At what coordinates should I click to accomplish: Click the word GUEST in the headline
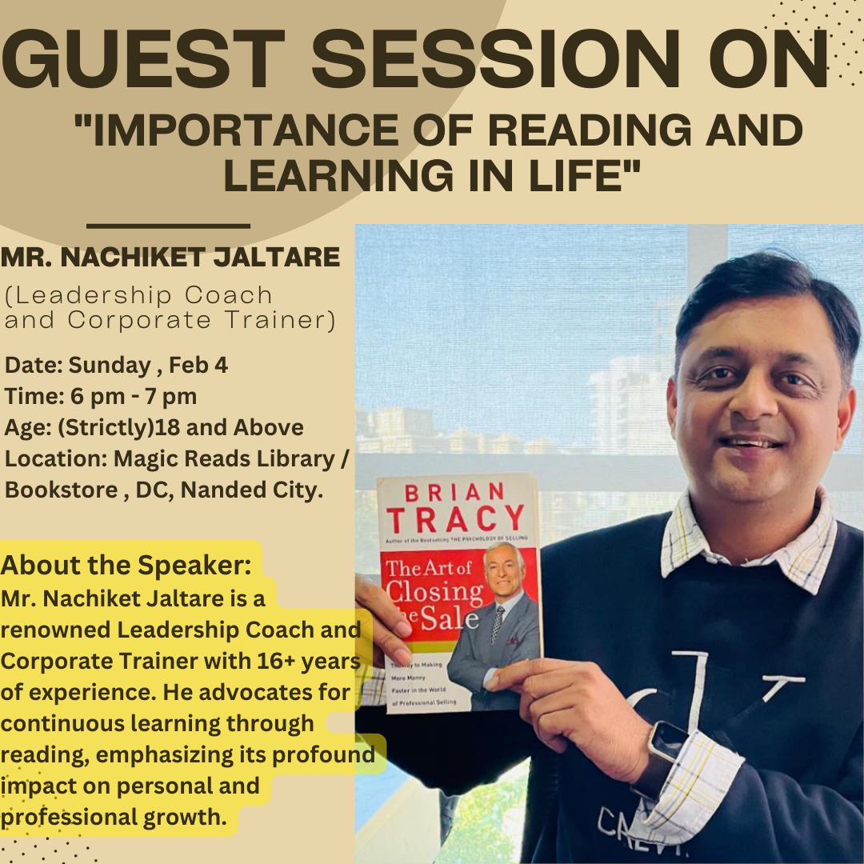coord(142,58)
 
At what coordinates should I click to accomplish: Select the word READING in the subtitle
coord(589,130)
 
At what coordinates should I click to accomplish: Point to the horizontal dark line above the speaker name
coord(169,226)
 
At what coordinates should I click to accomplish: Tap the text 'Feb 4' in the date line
coord(198,366)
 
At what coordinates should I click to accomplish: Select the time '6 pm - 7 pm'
coord(134,397)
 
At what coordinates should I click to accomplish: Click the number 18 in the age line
coord(164,427)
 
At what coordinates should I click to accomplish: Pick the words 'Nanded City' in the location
coord(252,490)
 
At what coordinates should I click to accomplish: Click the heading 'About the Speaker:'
coord(126,566)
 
